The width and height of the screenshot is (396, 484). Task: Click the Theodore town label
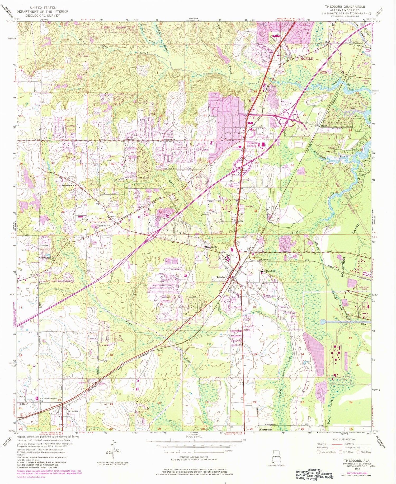point(221,277)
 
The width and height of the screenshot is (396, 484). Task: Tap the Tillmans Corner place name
point(252,144)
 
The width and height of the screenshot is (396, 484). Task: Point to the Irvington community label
point(73,411)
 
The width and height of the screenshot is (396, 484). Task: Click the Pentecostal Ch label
point(69,185)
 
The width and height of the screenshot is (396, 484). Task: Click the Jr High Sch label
point(269,271)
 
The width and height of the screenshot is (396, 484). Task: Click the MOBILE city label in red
point(307,59)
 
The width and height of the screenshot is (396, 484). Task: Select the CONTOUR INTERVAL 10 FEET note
point(194,457)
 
